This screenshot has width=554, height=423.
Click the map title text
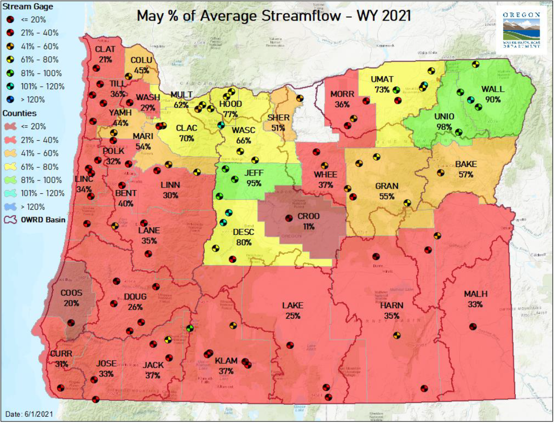274,15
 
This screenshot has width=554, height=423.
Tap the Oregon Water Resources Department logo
521,29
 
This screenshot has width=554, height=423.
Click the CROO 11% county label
308,222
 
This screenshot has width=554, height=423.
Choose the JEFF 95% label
254,178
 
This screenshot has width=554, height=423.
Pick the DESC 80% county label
244,237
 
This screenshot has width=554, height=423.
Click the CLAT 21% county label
105,54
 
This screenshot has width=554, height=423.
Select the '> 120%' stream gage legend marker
11,100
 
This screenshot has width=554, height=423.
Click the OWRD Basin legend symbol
11,220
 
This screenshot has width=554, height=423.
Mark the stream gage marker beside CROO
288,218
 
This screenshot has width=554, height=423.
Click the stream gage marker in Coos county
71,323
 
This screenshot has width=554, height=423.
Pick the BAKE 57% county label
465,169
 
